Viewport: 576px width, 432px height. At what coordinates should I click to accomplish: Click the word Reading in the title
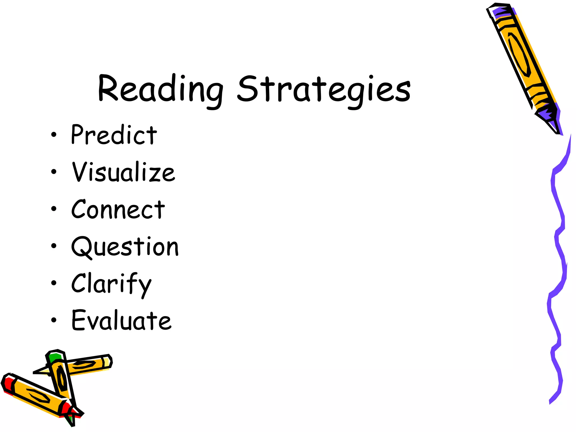[x=160, y=89]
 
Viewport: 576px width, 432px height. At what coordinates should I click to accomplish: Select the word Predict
[x=114, y=135]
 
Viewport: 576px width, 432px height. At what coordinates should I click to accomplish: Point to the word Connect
[x=118, y=210]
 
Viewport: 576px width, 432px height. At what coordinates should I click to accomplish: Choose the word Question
[x=125, y=247]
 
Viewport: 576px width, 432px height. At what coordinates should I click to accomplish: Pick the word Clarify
[x=111, y=284]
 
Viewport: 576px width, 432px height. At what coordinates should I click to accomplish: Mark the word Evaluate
[x=121, y=321]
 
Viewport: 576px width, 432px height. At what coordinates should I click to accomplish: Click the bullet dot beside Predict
[x=54, y=135]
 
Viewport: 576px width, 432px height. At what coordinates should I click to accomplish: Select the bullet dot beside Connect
[x=54, y=209]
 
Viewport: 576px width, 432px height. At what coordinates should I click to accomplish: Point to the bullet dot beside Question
[x=54, y=246]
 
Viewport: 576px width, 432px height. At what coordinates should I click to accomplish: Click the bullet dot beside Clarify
[x=54, y=283]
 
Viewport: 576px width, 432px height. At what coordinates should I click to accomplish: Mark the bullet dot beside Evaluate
[x=54, y=320]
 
